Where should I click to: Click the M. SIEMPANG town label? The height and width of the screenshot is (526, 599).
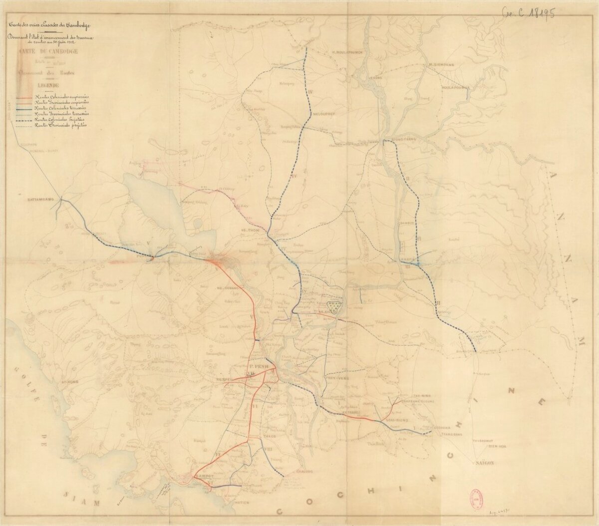[442, 64]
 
